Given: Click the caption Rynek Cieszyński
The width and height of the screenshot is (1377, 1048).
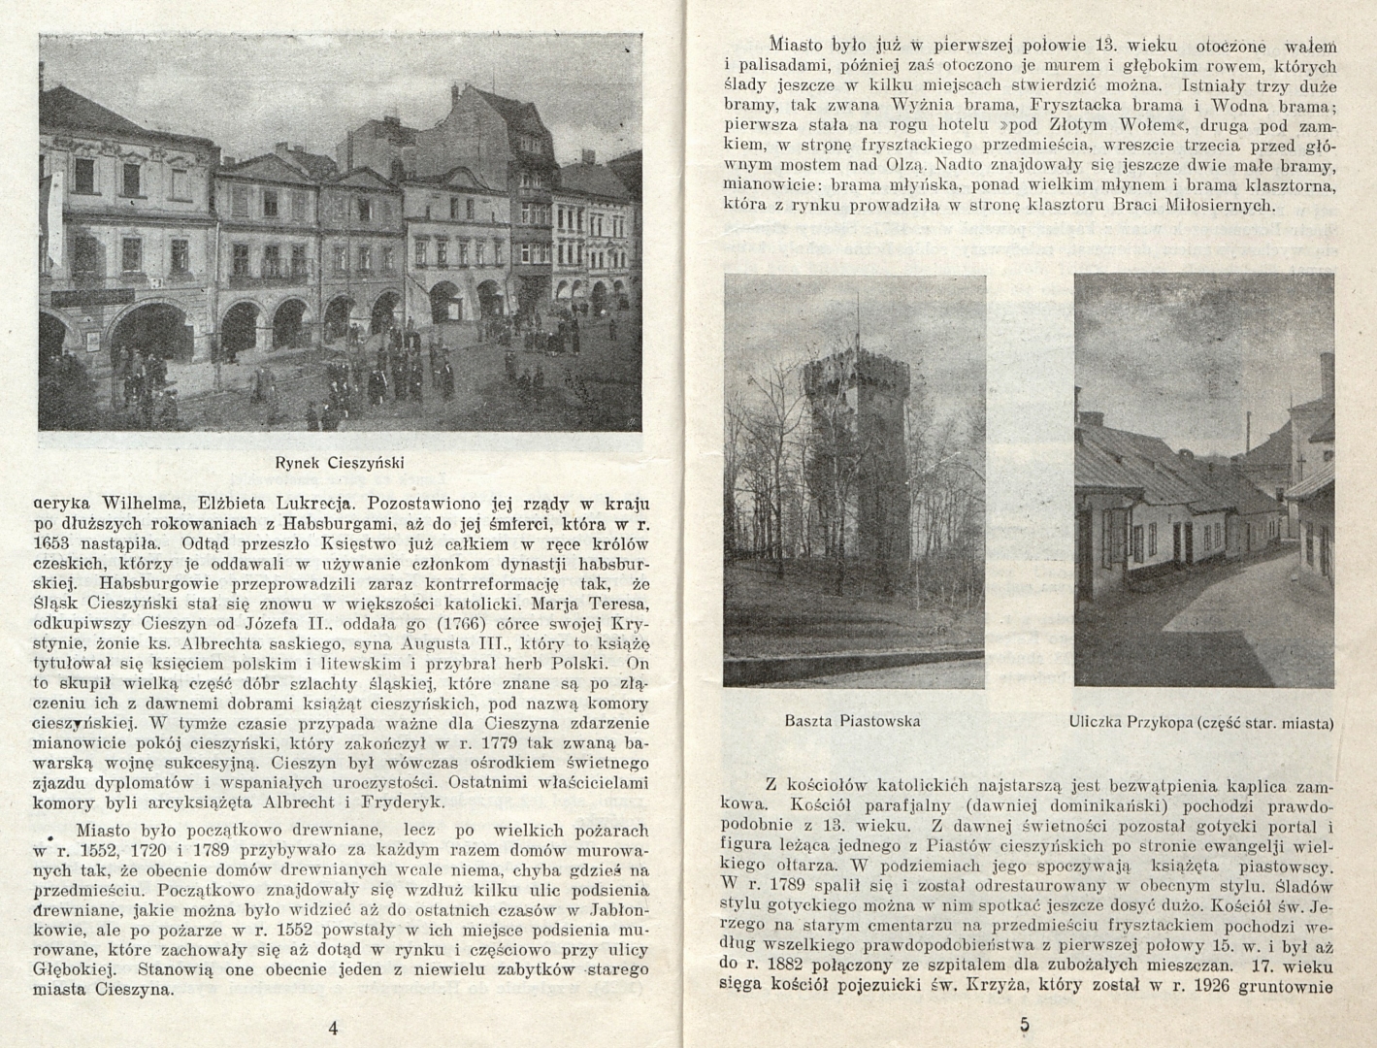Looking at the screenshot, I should click(339, 463).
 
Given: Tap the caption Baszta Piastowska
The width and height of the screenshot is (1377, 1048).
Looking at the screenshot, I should click(852, 721).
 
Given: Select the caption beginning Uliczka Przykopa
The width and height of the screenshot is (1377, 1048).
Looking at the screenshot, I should click(1201, 722).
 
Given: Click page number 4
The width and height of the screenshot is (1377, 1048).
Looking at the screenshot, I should click(333, 1028).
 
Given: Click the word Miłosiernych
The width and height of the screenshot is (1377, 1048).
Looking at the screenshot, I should click(1228, 206).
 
